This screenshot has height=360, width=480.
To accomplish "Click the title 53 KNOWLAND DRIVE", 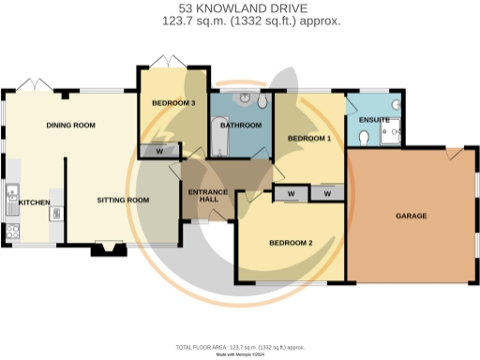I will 240,7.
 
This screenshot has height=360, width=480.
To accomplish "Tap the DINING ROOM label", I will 71,125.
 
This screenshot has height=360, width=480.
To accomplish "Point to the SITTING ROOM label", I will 124,200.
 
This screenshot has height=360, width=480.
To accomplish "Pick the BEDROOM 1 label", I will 309,138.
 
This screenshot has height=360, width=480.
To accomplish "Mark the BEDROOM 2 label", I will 291,242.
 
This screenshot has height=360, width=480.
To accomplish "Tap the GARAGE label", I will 411,216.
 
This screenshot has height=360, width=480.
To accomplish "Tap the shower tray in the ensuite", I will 392,130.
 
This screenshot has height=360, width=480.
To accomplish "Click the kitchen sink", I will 12,197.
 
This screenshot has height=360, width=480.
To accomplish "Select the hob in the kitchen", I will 12,230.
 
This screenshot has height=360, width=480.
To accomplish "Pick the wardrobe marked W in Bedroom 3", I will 159,150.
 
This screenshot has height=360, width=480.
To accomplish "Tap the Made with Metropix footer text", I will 240,354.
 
